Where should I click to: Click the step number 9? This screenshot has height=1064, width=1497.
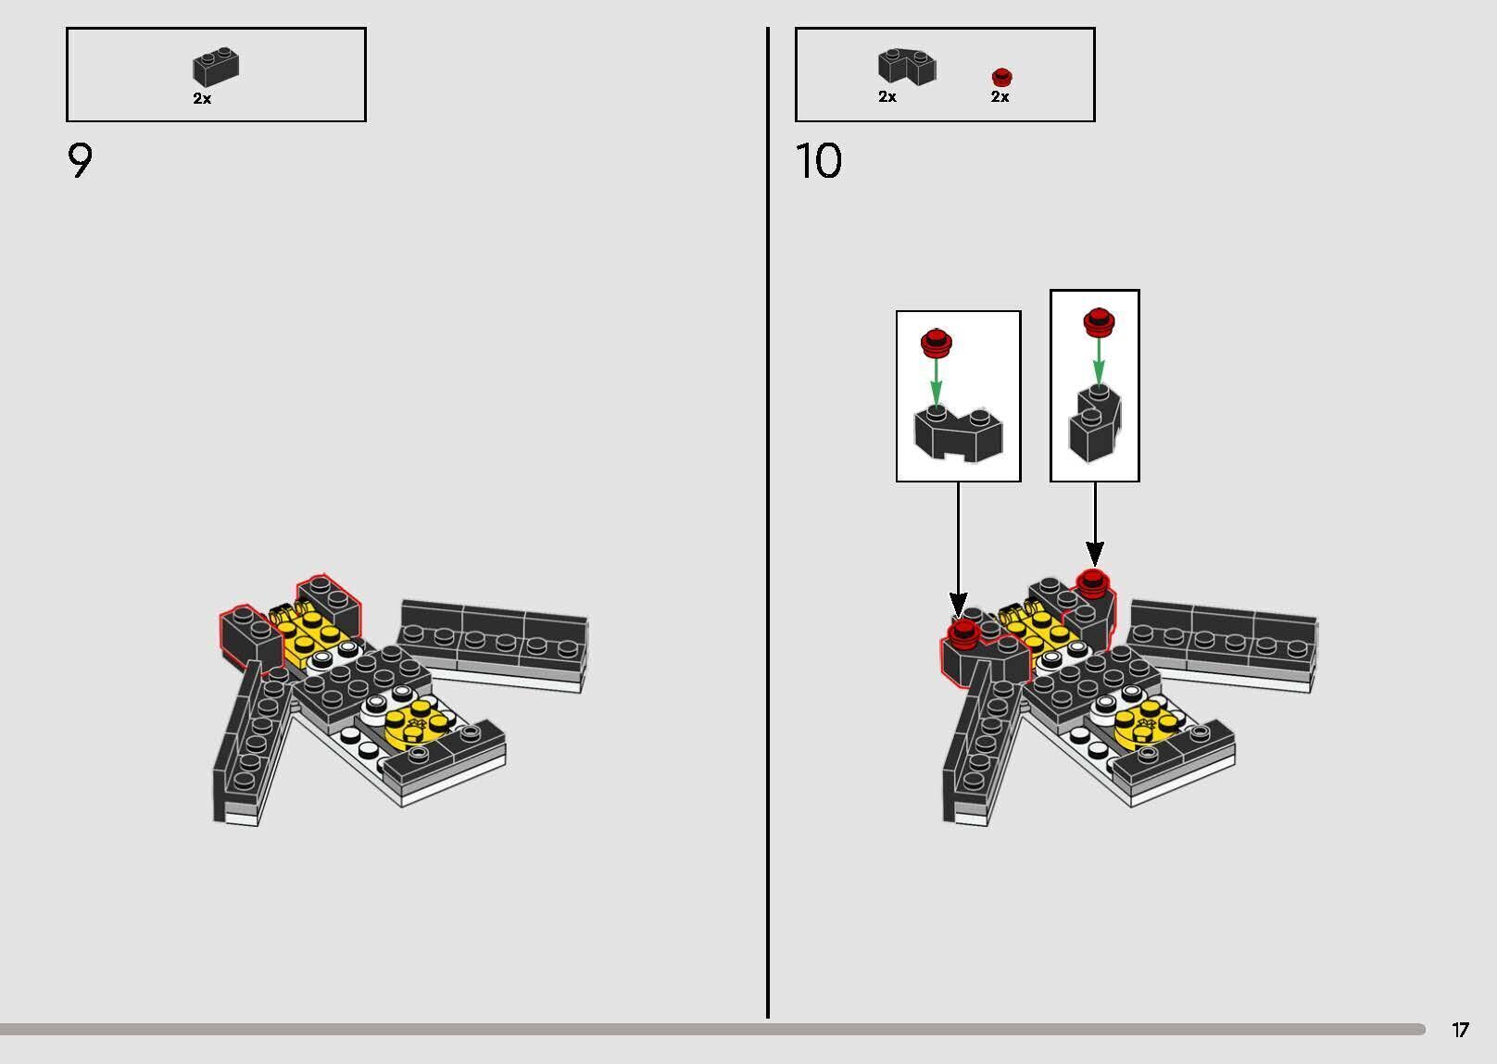tap(80, 160)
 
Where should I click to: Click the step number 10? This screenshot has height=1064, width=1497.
tap(819, 160)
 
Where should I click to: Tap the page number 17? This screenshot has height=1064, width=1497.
tap(1460, 1029)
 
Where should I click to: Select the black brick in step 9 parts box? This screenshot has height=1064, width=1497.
tap(216, 68)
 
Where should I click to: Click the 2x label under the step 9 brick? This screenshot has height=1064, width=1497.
tap(202, 99)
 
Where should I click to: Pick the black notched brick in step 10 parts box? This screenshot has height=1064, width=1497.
tap(907, 67)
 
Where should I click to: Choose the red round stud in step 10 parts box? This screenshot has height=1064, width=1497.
tap(1001, 77)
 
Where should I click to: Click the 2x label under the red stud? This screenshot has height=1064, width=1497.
tap(1000, 97)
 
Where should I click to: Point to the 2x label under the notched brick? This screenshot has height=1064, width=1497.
tap(887, 97)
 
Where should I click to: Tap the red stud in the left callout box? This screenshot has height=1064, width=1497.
tap(937, 342)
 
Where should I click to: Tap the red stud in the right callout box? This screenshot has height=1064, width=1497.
tap(1099, 322)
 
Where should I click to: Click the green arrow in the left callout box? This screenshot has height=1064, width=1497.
tap(937, 382)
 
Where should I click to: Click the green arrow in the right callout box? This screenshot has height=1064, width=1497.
tap(1099, 361)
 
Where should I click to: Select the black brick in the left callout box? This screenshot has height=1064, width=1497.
tap(958, 435)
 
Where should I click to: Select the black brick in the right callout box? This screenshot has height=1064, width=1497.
tap(1095, 423)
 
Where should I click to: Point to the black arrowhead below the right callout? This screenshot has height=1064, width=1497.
tap(1095, 554)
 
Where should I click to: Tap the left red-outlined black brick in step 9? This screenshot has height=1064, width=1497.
tap(251, 639)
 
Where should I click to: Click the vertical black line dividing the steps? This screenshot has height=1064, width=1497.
tap(768, 522)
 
